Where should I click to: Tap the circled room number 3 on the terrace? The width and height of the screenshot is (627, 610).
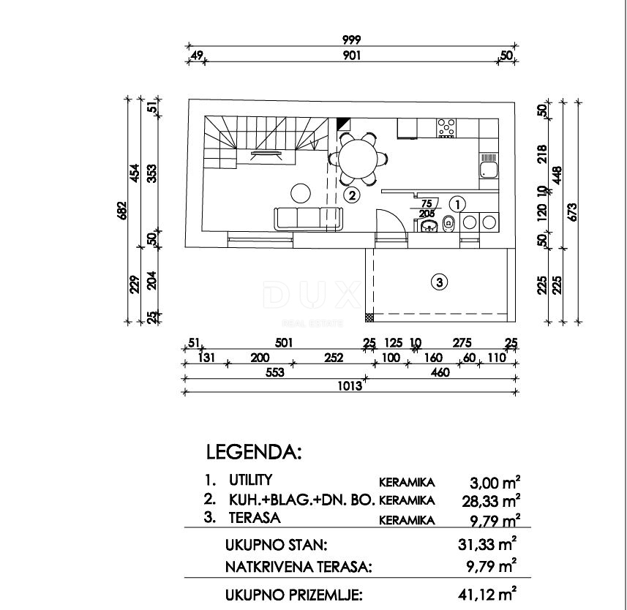(x=438, y=281)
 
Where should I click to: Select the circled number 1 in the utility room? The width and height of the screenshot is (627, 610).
(x=457, y=203)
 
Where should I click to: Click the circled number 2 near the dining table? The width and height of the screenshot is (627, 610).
(x=352, y=195)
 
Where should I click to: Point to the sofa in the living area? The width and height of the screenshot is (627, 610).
(x=308, y=218)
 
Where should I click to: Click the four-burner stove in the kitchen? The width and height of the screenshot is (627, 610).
(x=446, y=128)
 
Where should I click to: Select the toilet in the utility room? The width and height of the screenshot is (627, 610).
(x=449, y=225)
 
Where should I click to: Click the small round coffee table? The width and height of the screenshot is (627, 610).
(x=301, y=193)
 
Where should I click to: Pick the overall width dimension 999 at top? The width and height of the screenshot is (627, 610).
(x=351, y=40)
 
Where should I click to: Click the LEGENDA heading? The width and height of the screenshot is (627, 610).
(x=254, y=452)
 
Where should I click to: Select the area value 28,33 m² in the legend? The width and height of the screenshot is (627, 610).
(x=495, y=501)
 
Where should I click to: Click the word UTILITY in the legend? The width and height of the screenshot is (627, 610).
(x=250, y=481)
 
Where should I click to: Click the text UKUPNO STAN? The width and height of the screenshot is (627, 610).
(x=277, y=545)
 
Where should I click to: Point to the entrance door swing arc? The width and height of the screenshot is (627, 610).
(x=388, y=217)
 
